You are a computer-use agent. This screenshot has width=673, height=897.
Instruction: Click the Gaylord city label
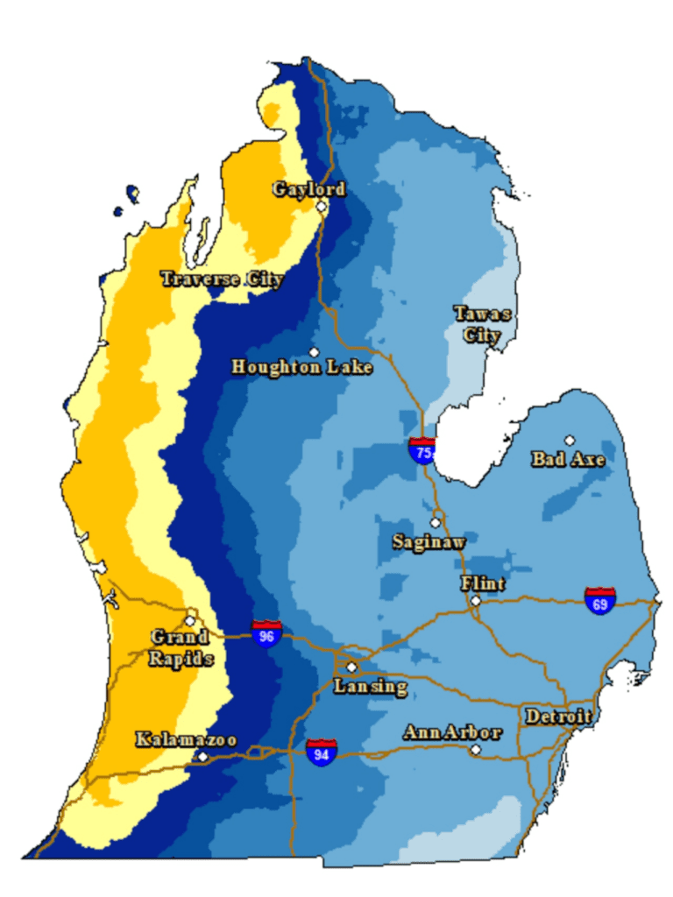pyautogui.click(x=308, y=189)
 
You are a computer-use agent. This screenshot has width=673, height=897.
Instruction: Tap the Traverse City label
pyautogui.click(x=222, y=279)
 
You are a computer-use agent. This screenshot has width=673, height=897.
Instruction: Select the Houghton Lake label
pyautogui.click(x=301, y=367)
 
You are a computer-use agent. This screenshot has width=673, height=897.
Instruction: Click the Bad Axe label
pyautogui.click(x=568, y=459)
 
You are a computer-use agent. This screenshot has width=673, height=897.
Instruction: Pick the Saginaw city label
pyautogui.click(x=429, y=542)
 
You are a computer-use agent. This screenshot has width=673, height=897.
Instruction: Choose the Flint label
pyautogui.click(x=483, y=583)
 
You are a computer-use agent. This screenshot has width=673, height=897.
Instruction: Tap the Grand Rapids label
pyautogui.click(x=181, y=648)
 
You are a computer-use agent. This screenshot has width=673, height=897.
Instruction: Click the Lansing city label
pyautogui.click(x=371, y=687)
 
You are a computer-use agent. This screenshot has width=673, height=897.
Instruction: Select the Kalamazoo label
pyautogui.click(x=186, y=740)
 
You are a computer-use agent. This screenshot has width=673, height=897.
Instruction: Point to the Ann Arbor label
pyautogui.click(x=452, y=733)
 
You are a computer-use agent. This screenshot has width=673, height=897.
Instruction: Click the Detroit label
pyautogui.click(x=557, y=717)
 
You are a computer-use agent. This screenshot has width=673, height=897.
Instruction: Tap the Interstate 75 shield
pyautogui.click(x=422, y=450)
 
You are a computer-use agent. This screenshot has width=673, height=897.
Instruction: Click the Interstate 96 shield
pyautogui.click(x=266, y=633)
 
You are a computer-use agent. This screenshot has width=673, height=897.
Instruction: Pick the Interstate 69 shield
pyautogui.click(x=600, y=601)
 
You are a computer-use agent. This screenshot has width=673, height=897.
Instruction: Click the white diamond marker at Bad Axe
pyautogui.click(x=570, y=440)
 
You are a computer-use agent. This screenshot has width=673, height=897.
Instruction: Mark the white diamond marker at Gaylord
pyautogui.click(x=322, y=207)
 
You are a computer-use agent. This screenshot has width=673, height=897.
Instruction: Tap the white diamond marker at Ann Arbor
pyautogui.click(x=475, y=750)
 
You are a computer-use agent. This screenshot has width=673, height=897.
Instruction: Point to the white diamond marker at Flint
pyautogui.click(x=475, y=601)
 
